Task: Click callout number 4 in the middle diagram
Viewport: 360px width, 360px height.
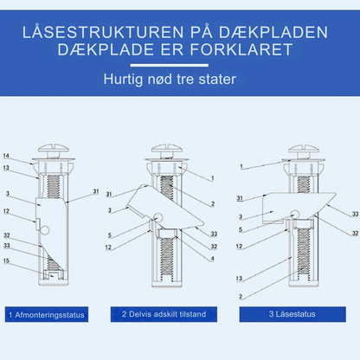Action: [213, 258]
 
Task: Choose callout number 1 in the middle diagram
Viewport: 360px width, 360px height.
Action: [213, 178]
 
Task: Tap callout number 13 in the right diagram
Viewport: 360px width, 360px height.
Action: [239, 279]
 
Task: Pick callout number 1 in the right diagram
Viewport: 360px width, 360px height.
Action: [244, 164]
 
